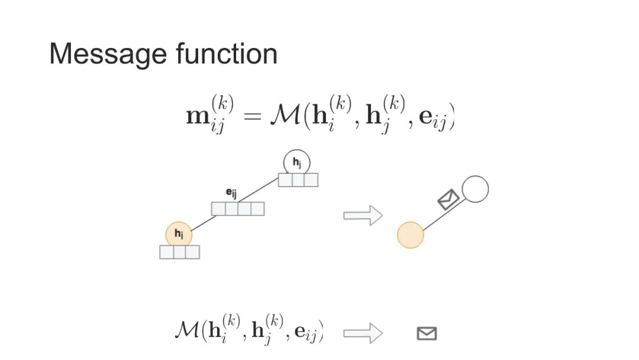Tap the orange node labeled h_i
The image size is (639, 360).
coord(179,235)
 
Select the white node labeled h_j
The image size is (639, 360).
coord(296,162)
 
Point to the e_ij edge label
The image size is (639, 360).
coord(232,192)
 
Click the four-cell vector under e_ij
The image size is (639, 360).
coord(238,209)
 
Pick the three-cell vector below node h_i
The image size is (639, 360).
coord(179,252)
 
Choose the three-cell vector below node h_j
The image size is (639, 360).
coord(298,180)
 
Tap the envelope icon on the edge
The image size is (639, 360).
coord(448,199)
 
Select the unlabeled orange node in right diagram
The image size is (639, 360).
coord(411,234)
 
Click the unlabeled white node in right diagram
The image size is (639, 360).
coord(475,189)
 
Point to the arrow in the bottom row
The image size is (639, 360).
coord(363,333)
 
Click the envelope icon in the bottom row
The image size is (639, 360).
coord(427,333)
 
